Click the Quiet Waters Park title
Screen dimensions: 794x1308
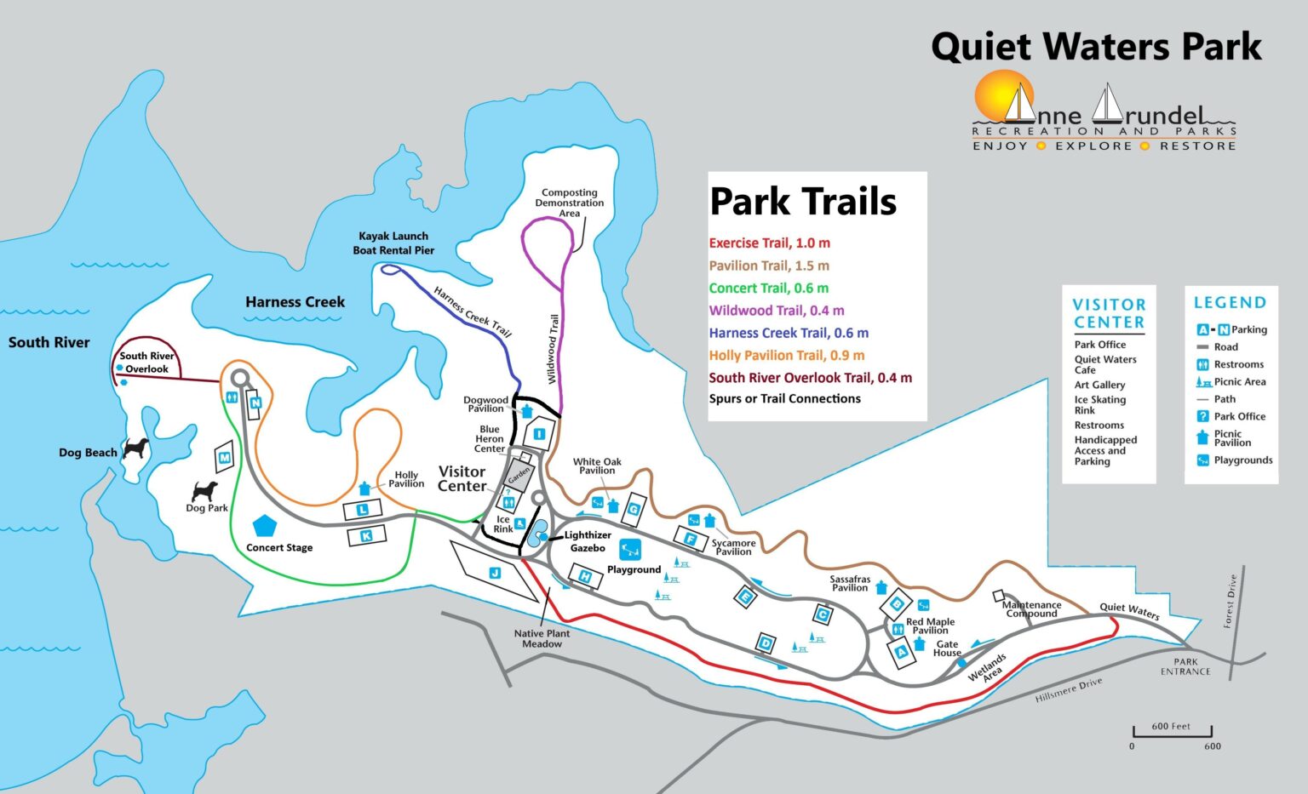pos(1096,46)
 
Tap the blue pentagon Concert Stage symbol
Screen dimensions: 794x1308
pos(266,525)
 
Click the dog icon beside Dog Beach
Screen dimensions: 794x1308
pos(135,448)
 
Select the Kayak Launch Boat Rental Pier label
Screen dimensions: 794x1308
pos(393,243)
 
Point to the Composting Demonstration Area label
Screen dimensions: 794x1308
pos(570,203)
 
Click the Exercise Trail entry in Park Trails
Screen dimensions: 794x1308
pos(769,243)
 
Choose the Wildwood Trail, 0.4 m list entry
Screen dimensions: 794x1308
pos(776,311)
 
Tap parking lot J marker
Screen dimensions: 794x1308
pos(495,573)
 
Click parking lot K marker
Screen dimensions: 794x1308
pos(366,535)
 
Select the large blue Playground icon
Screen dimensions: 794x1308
pos(630,549)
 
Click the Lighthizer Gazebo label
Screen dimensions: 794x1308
pos(588,541)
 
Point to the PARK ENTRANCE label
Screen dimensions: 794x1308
pos(1185,666)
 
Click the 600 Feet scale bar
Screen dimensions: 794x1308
pos(1172,731)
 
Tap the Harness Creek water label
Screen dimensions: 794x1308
pos(295,302)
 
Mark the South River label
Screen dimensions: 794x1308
pos(49,342)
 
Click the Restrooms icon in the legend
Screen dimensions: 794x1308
pos(1202,364)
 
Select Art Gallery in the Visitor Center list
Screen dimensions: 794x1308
pos(1099,385)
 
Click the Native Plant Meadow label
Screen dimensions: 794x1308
pos(542,638)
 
